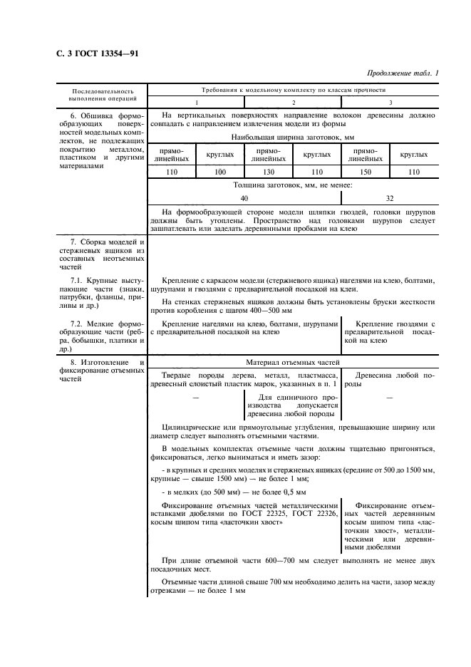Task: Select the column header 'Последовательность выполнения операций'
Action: coord(102,95)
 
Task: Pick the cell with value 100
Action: coord(220,172)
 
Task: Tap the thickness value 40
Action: coord(244,199)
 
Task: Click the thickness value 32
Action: coord(389,199)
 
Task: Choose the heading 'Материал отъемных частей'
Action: coord(293,362)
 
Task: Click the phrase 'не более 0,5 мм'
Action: coord(275,492)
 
